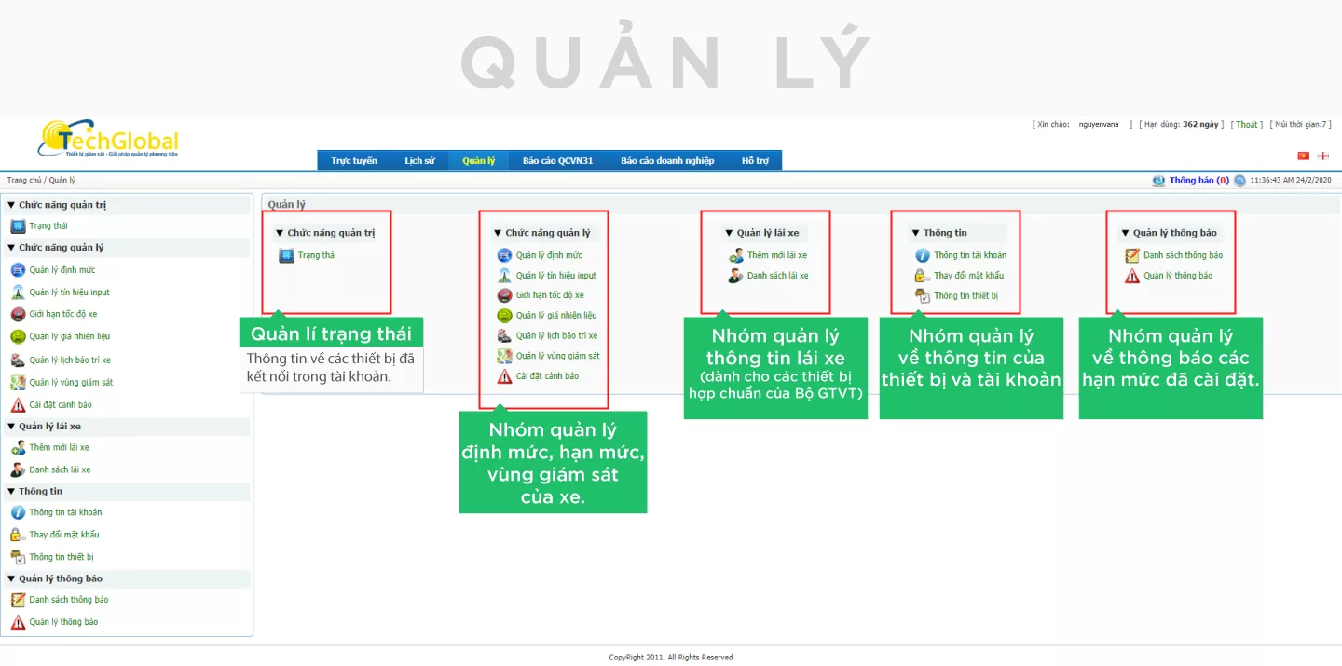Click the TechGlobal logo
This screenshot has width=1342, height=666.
[x=108, y=139]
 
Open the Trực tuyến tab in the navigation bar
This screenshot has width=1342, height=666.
[x=354, y=160]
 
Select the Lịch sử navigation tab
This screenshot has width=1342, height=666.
[x=419, y=160]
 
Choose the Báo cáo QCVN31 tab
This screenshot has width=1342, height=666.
[x=557, y=160]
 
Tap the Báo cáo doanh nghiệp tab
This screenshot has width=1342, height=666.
[x=667, y=160]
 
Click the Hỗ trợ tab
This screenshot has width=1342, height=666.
[x=755, y=160]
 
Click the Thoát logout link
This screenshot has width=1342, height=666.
[x=1247, y=125]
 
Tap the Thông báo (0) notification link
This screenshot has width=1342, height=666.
[x=1198, y=181]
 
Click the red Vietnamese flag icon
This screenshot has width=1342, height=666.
[x=1303, y=156]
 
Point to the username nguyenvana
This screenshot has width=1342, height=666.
[x=1099, y=125]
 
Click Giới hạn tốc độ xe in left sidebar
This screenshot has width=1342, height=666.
[x=63, y=314]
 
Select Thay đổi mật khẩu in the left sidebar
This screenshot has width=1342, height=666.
[x=64, y=535]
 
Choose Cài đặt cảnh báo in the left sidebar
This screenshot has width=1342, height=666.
[x=61, y=404]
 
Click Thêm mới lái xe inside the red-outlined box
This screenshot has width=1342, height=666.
[x=777, y=255]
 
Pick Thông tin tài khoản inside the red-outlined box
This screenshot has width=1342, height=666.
[x=970, y=255]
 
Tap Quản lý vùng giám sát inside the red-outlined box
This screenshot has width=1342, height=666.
[x=557, y=356]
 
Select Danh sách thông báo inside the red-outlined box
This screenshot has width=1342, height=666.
[x=1183, y=255]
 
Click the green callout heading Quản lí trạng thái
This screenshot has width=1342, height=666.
[x=331, y=333]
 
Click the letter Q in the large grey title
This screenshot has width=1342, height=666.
[x=488, y=62]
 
